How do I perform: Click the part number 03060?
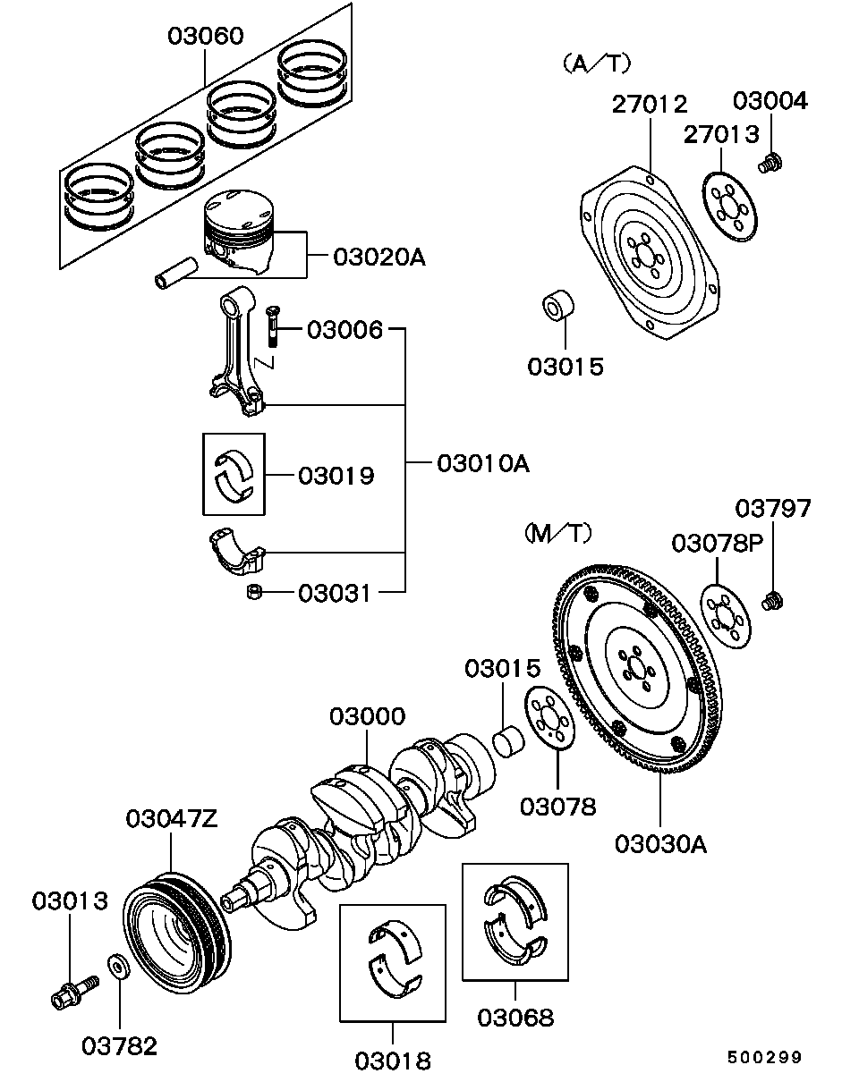point(206,37)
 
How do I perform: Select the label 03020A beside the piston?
point(378,258)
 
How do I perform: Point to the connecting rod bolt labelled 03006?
point(273,327)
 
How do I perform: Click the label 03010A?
point(483,463)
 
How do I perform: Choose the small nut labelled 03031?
point(254,591)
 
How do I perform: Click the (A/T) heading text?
point(597,64)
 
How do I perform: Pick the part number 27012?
point(650,105)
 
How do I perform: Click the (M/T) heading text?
point(557,534)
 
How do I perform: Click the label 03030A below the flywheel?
point(660,842)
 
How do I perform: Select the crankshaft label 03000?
point(367,716)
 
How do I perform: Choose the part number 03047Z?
point(171,817)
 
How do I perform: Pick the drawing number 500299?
point(763,1057)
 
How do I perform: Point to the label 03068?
point(515,1017)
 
